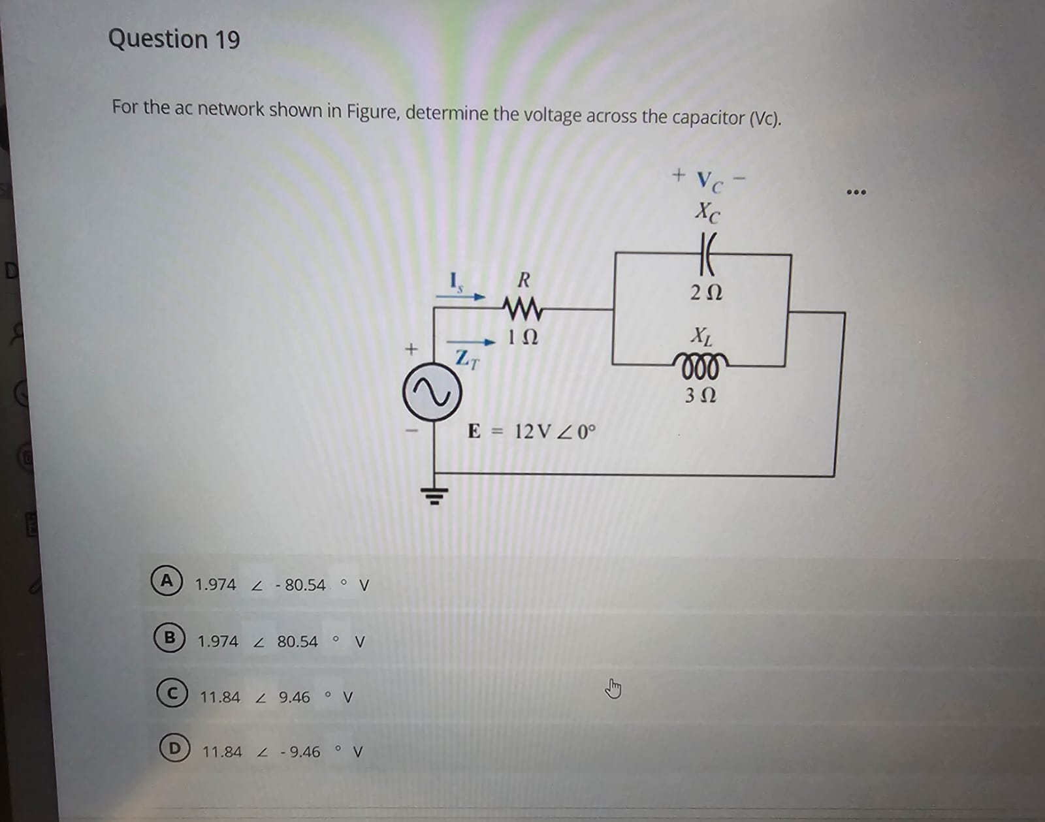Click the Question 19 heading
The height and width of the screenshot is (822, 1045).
[174, 39]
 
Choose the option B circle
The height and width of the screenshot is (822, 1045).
[169, 637]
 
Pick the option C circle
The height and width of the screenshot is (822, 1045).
[172, 693]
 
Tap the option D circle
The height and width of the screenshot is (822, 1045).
[174, 748]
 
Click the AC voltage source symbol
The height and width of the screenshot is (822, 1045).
[432, 392]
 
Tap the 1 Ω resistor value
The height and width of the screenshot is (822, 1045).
[522, 338]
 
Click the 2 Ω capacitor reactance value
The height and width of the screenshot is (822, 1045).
[706, 292]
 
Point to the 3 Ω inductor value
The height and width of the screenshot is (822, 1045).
[700, 396]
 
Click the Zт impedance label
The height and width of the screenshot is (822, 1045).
[467, 359]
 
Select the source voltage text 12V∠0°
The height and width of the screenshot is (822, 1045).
[555, 432]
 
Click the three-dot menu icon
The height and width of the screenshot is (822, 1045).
[856, 192]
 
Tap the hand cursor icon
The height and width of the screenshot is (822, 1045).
[613, 688]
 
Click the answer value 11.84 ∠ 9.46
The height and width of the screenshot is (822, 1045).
[255, 697]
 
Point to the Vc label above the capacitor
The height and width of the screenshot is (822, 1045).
[709, 181]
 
